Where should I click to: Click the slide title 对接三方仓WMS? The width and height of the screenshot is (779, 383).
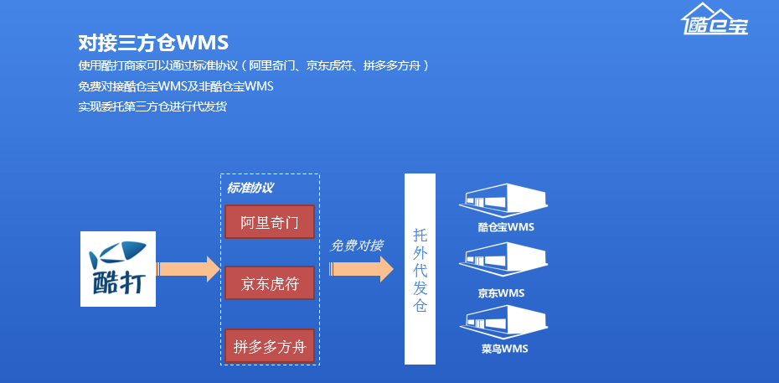click(153, 43)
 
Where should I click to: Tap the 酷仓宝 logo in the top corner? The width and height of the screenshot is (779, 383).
click(715, 19)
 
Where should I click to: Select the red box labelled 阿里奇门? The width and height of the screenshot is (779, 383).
click(269, 222)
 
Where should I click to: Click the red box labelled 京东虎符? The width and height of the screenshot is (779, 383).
click(269, 283)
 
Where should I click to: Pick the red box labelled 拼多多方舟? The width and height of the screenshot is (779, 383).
click(269, 346)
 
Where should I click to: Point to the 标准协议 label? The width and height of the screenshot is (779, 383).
click(250, 188)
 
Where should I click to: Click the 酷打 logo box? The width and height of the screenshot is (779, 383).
click(118, 268)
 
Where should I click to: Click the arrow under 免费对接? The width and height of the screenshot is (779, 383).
click(361, 269)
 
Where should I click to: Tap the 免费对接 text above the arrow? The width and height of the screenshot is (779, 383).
click(357, 246)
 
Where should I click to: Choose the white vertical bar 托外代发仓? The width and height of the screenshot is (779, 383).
click(420, 268)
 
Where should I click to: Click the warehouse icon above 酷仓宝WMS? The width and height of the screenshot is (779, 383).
click(505, 199)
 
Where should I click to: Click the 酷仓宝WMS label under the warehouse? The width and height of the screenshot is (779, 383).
click(506, 227)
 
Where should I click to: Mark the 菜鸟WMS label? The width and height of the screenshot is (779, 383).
click(505, 349)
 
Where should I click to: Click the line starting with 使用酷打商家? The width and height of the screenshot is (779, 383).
click(254, 65)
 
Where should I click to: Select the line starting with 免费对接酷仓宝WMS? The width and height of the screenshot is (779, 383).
click(176, 85)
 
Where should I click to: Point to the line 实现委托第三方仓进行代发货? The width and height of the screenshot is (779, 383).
click(152, 106)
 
